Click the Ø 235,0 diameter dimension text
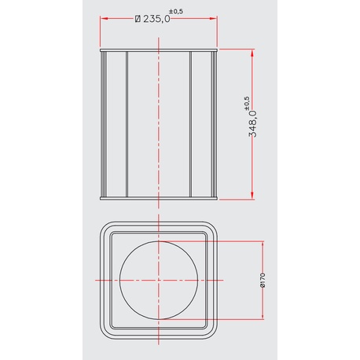coord(152,19)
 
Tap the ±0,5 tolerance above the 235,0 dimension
coord(176,11)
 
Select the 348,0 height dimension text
coord(253,123)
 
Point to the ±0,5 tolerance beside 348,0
coord(247,103)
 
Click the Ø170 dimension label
coord(263,281)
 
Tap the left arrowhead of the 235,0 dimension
coord(104,18)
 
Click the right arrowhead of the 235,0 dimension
coord(214,18)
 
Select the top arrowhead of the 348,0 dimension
coord(252,53)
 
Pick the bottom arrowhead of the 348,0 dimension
coord(252,196)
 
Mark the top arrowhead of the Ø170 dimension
coord(263,244)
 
